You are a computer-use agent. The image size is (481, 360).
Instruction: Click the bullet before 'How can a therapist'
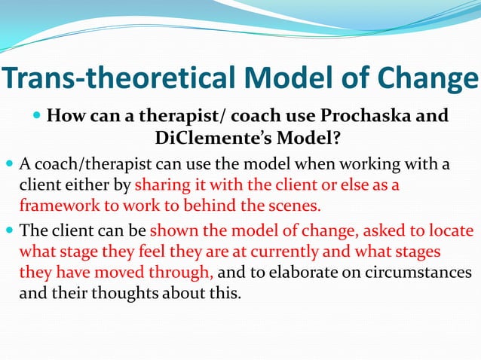point(38,117)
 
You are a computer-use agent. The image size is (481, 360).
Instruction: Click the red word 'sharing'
point(160,185)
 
